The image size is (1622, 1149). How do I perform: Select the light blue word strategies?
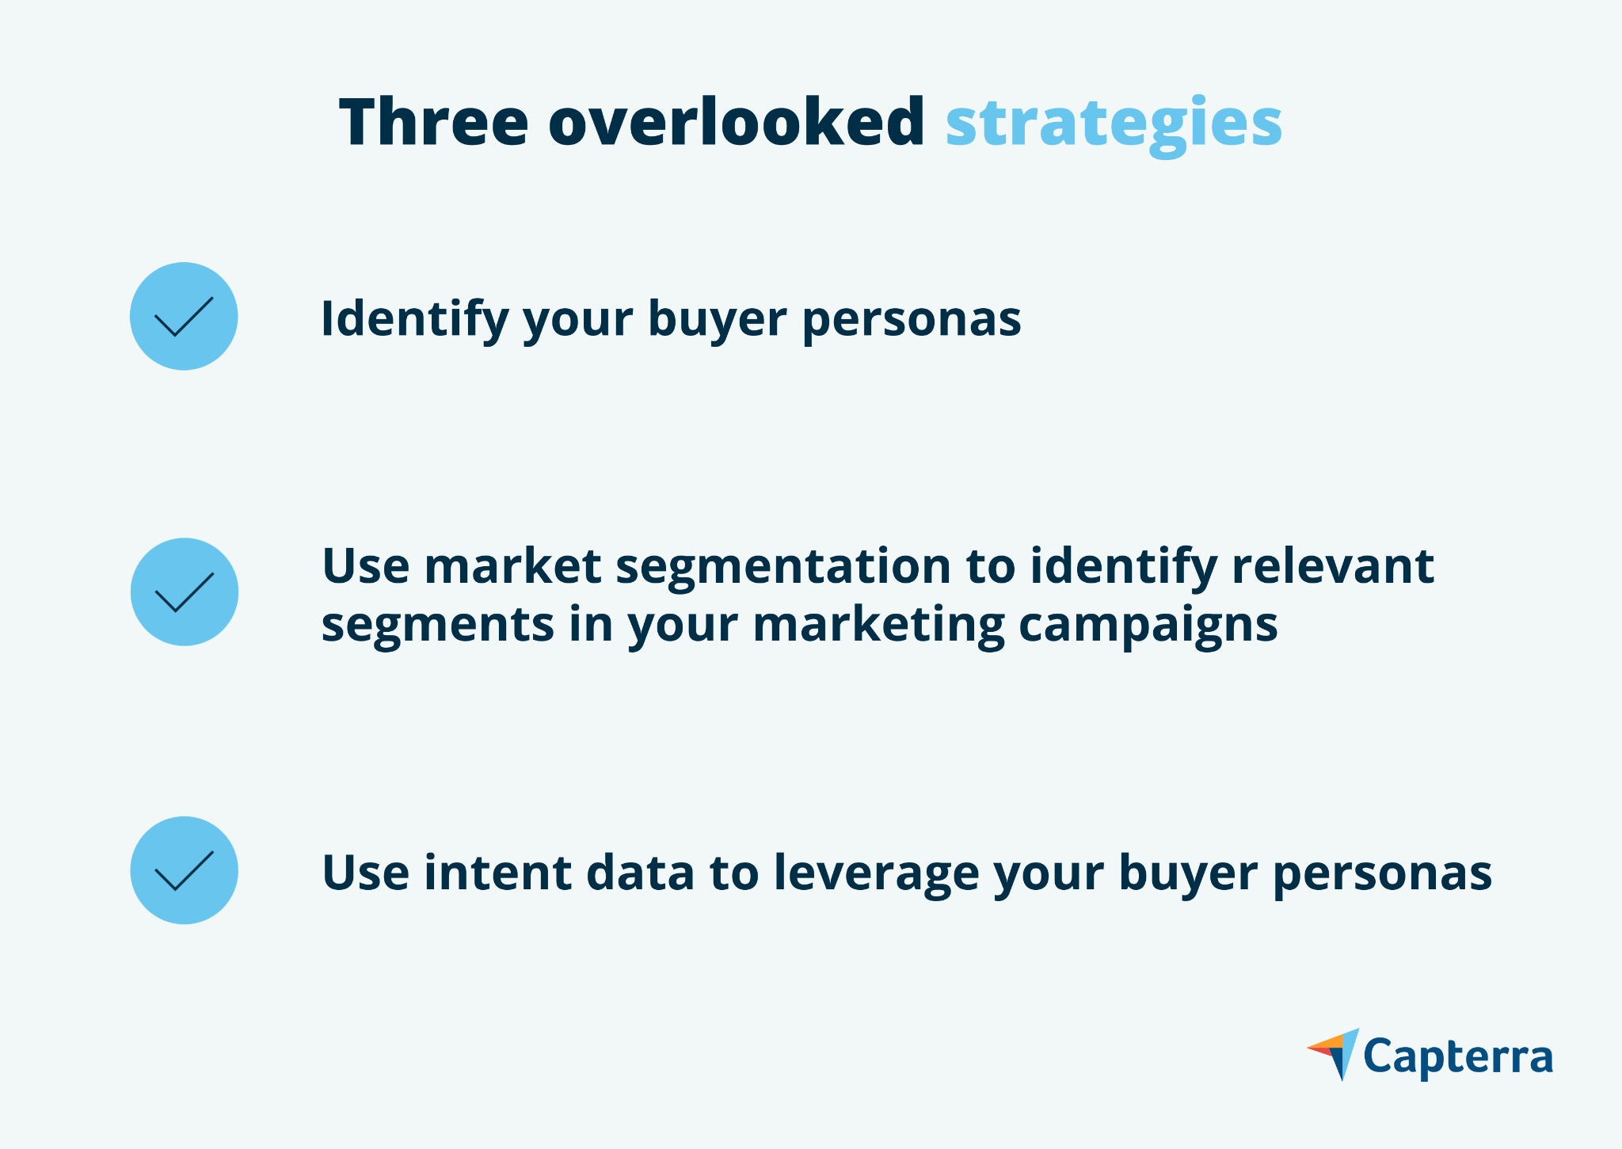[1114, 125]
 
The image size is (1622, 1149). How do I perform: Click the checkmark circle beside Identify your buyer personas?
[184, 316]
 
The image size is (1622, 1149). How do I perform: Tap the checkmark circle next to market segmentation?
[184, 592]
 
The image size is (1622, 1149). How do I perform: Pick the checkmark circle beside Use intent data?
[184, 869]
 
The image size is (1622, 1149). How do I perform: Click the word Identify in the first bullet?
[414, 319]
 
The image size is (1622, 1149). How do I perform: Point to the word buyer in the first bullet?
[718, 319]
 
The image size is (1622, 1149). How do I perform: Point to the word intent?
[497, 873]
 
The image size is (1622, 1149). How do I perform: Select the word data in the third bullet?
[640, 873]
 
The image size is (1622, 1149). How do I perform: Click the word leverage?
[876, 875]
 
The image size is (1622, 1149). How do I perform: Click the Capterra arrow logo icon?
[1335, 1053]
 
